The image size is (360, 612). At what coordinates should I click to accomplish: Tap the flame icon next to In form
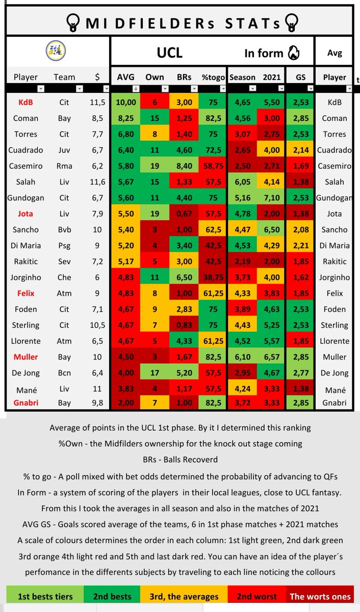[x=293, y=52]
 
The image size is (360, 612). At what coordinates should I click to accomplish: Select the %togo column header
[x=213, y=77]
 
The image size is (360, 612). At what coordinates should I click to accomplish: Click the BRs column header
[x=184, y=77]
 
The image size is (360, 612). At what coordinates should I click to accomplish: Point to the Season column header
[x=243, y=77]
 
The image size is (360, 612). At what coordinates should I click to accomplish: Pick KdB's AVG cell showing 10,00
[x=125, y=102]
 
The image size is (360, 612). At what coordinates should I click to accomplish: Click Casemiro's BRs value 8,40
[x=184, y=166]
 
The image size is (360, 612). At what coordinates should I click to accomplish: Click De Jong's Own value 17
[x=155, y=372]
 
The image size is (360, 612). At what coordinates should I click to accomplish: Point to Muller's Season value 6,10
[x=243, y=356]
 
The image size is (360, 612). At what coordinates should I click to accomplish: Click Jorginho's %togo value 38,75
[x=213, y=277]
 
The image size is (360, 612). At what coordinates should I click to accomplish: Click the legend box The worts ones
[x=320, y=596]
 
